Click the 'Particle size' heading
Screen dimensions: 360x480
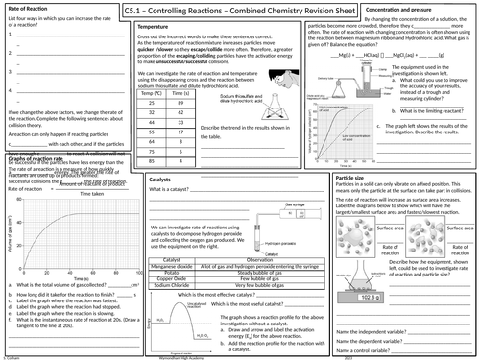pyautogui.click(x=357, y=204)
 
